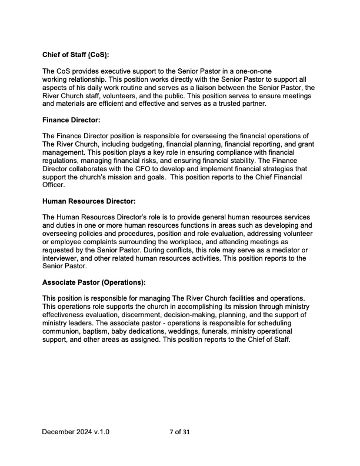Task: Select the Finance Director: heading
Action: (71, 120)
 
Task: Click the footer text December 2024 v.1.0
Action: (75, 432)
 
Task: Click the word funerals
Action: (221, 331)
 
